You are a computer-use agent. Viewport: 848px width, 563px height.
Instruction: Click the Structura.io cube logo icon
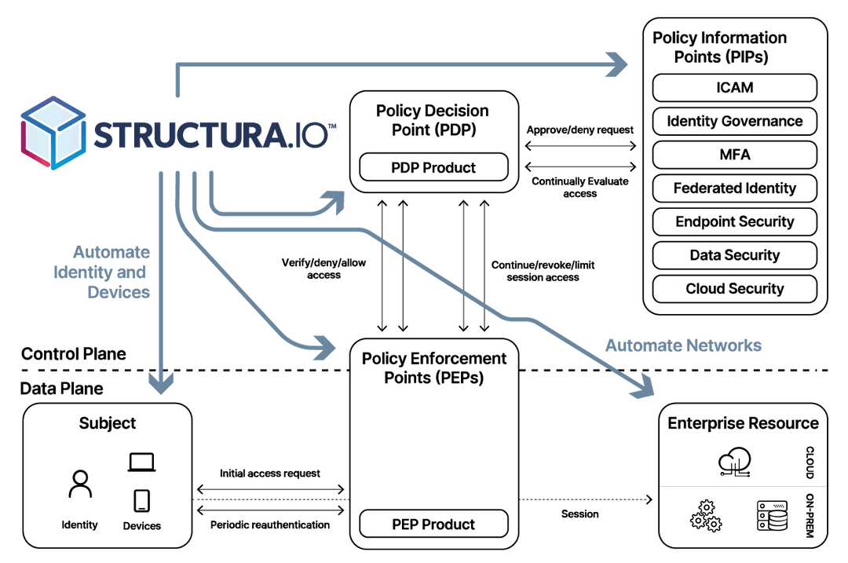point(52,134)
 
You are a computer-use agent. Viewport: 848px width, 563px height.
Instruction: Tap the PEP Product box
point(433,524)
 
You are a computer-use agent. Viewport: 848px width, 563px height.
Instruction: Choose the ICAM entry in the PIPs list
point(734,88)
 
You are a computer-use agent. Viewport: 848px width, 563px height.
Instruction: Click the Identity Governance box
point(734,122)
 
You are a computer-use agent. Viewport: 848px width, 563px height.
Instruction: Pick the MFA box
point(734,155)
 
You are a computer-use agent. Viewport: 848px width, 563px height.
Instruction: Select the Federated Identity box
point(734,188)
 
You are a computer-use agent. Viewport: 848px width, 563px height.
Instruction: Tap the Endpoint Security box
point(734,222)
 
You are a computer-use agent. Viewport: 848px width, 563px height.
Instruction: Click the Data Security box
point(734,255)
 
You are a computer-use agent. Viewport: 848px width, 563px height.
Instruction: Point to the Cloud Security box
point(734,289)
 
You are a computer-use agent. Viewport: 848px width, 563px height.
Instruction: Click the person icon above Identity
point(80,484)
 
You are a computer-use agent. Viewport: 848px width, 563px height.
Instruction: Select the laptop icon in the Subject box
point(142,463)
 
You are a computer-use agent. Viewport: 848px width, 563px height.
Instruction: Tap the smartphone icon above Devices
point(142,500)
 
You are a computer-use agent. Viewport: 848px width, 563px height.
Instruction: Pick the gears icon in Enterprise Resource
point(704,516)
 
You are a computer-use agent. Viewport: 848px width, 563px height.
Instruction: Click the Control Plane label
point(73,354)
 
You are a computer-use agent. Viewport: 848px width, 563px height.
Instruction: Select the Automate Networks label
point(683,345)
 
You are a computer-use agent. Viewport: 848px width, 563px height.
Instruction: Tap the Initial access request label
point(270,474)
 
